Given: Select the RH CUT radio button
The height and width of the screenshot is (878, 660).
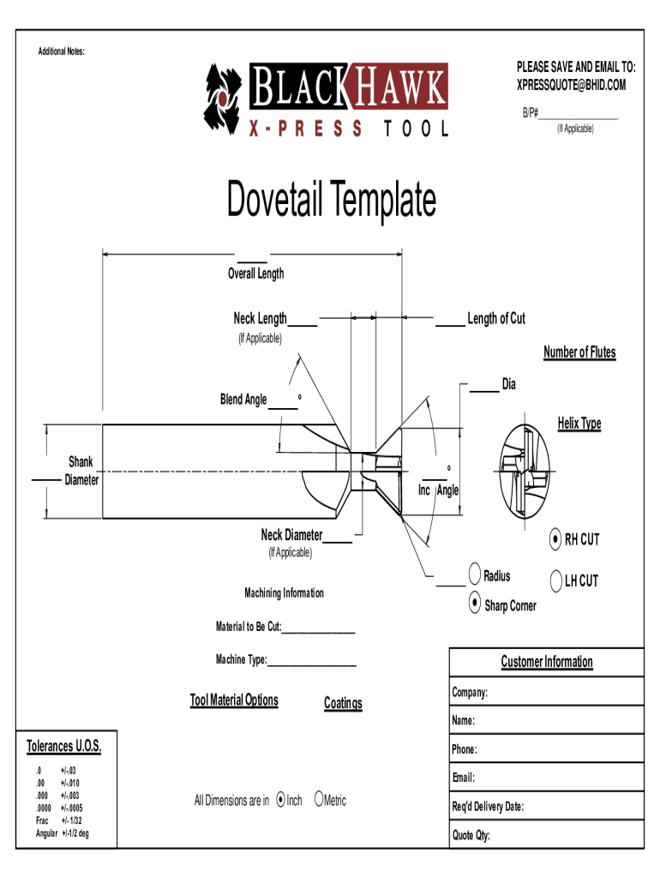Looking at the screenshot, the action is tap(555, 539).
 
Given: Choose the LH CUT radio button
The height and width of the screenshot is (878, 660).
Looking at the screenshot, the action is tap(556, 580).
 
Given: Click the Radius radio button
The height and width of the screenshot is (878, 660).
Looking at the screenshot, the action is tap(475, 574).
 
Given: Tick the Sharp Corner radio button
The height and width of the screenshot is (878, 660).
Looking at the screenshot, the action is tap(475, 603).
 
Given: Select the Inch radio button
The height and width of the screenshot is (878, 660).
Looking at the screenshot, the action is tap(281, 800).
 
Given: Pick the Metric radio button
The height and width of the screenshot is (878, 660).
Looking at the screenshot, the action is tap(319, 798).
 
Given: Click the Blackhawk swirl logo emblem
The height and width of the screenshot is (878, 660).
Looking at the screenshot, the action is tap(222, 99).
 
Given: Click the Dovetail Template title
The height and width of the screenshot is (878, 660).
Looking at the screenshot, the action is tap(332, 199).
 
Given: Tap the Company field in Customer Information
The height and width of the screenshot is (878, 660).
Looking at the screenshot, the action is tap(546, 692).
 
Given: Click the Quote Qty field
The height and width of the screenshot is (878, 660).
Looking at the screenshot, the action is tap(546, 835).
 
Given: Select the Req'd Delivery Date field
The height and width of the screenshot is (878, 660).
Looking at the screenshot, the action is tap(546, 806).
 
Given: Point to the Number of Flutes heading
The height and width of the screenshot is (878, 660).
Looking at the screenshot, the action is tap(580, 352).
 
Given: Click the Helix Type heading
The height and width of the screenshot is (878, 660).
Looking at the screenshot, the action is tap(579, 424).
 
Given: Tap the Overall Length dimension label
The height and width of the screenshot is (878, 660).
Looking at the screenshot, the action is tap(255, 274).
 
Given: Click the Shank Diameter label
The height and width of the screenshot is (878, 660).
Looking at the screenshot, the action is tap(81, 471).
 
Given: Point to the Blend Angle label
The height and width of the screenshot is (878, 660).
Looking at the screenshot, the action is tap(243, 400).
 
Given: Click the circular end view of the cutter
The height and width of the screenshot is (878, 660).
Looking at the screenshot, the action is tap(525, 472).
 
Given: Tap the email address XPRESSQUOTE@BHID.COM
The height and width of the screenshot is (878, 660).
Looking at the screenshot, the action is tap(571, 85).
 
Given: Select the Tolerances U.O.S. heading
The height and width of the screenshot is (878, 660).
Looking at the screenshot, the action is tap(63, 747).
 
